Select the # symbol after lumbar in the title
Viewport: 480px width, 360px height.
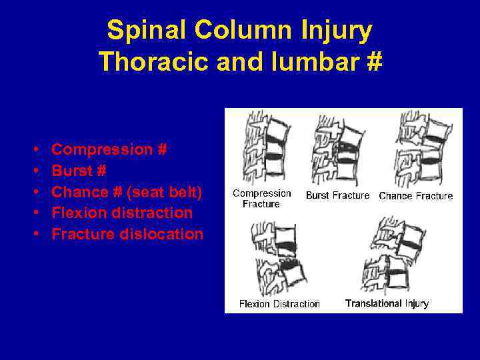[x=373, y=61]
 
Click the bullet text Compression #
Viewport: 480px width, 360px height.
[x=109, y=149]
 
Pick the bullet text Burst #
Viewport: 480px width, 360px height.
[x=79, y=171]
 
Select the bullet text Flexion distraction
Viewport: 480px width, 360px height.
[x=122, y=213]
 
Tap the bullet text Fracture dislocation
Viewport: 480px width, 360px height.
[x=127, y=235]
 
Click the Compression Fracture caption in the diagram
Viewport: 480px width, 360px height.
[x=261, y=199]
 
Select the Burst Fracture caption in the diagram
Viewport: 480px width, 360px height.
[x=337, y=195]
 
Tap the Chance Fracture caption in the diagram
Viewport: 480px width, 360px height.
[x=415, y=196]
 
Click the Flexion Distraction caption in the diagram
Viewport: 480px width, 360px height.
[x=279, y=304]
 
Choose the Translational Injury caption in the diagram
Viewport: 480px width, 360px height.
[x=387, y=303]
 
